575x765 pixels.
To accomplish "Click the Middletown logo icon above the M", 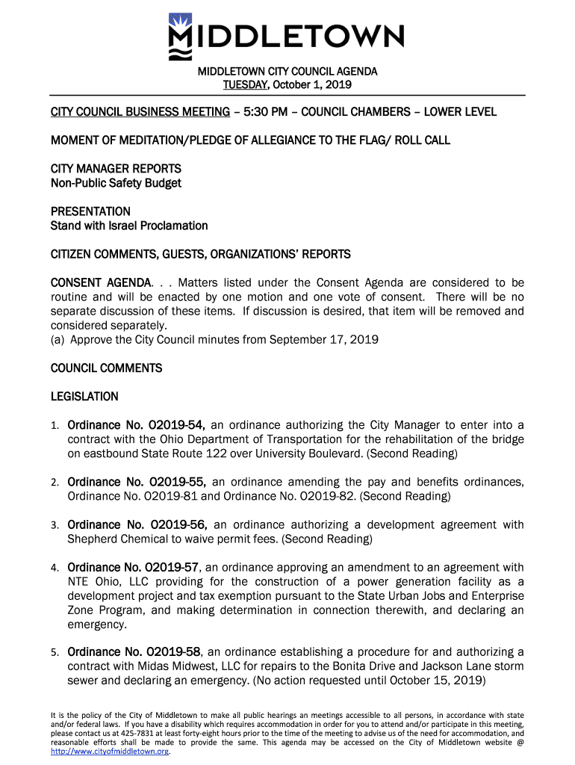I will (x=180, y=20).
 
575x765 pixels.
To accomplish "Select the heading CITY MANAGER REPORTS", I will (x=116, y=169).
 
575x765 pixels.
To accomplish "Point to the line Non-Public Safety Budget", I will (x=116, y=183).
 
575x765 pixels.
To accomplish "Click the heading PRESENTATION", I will (x=90, y=211).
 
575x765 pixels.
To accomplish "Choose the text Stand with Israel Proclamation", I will (x=129, y=226).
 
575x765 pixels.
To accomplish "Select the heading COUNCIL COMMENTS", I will (x=106, y=368).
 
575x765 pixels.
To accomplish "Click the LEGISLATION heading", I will (x=84, y=397).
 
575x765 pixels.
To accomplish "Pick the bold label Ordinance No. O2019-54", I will (x=136, y=425).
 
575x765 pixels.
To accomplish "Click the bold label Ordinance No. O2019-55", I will (x=136, y=482).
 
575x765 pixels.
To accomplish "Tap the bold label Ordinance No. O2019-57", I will (x=133, y=568).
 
